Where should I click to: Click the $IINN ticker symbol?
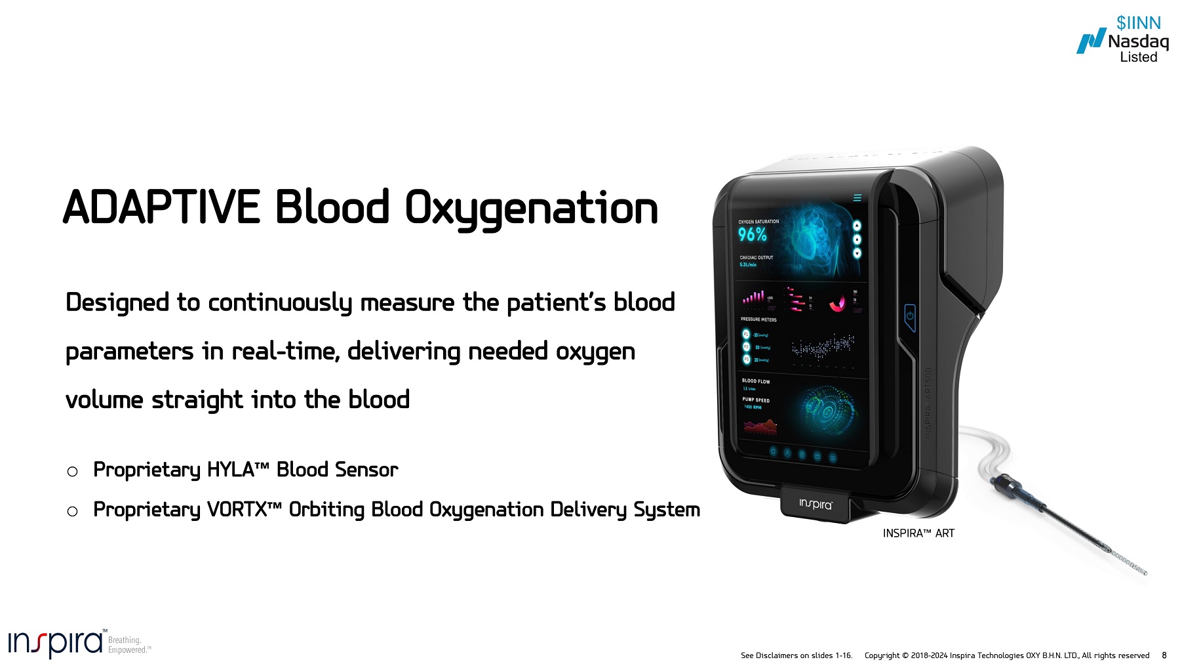1138,23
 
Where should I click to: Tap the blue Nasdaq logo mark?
1091,41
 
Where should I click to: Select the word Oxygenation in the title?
531,209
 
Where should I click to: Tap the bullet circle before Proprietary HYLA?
73,471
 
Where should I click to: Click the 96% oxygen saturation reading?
752,234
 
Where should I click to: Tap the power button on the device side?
910,316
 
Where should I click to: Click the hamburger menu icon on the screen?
857,197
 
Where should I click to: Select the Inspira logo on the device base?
816,504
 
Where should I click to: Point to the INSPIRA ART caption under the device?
918,533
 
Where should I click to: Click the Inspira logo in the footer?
56,643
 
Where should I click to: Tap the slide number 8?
1164,655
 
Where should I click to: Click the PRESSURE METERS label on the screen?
758,320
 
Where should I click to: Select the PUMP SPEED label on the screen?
756,400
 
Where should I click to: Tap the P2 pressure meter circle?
746,347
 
